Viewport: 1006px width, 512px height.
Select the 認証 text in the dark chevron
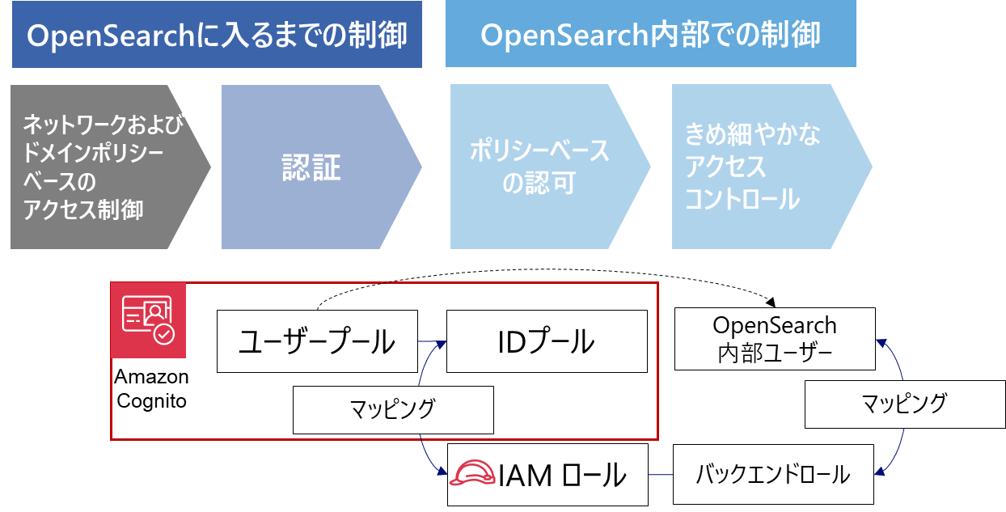(311, 167)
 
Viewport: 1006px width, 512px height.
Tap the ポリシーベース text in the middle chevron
(540, 152)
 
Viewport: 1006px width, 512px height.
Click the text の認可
(539, 184)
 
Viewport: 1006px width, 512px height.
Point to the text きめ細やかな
(753, 134)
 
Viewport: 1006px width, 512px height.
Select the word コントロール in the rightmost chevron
(742, 199)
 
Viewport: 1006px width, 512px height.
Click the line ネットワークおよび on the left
(104, 125)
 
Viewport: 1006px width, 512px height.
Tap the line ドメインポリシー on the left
(94, 153)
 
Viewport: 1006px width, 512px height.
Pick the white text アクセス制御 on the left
(84, 210)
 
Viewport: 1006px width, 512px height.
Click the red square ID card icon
(148, 320)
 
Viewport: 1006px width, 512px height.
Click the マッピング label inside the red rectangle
(393, 408)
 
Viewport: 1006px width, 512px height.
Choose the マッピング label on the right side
(904, 403)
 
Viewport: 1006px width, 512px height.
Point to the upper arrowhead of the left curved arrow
(440, 345)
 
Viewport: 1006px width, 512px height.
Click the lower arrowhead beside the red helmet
(442, 472)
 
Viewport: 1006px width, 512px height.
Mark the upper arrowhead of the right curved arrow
(882, 343)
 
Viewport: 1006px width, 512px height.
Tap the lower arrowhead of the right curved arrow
(882, 470)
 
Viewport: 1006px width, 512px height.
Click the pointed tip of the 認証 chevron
(421, 167)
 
